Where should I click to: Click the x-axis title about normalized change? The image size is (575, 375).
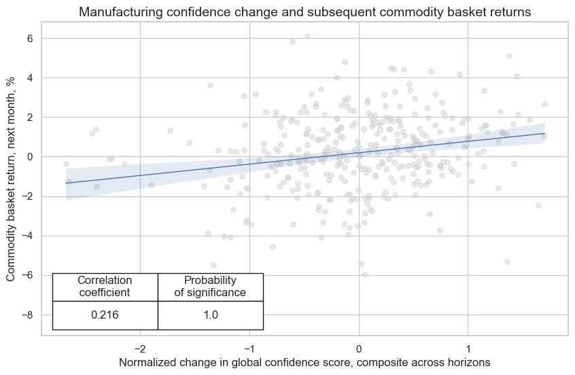point(304,363)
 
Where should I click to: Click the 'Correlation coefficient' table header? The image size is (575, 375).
point(105,287)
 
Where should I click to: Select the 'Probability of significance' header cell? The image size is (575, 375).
point(210,287)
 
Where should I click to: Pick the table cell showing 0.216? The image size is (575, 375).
point(105,315)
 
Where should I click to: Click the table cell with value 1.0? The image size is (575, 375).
point(210,315)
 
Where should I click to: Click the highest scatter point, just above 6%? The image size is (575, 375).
point(307,37)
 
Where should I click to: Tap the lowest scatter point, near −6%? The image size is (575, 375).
point(365,274)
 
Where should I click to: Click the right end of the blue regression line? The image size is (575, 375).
point(544,133)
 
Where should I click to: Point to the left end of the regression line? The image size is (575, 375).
point(66,183)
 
